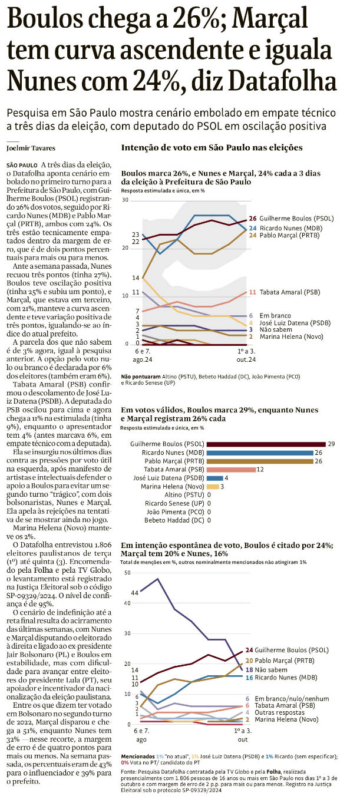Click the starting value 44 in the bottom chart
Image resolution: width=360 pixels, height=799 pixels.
click(135, 593)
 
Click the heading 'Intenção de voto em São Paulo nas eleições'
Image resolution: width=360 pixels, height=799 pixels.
click(212, 147)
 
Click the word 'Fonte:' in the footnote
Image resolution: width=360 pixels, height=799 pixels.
click(129, 771)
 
